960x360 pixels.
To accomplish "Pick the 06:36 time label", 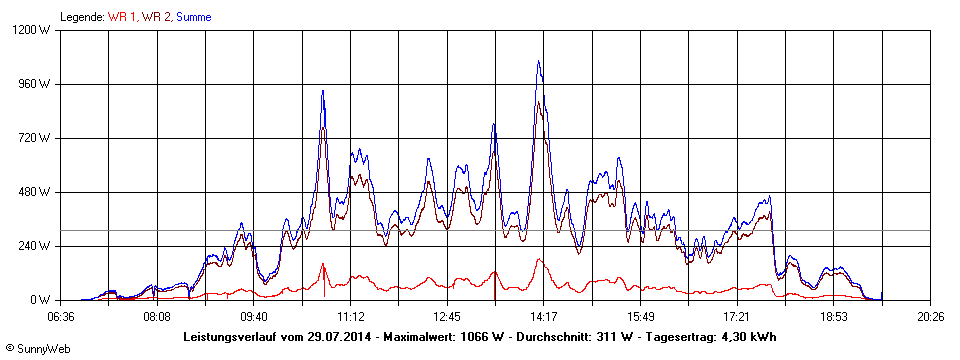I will tap(61, 315).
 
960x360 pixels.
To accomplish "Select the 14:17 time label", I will tap(543, 315).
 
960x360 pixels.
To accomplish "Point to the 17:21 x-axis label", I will tap(736, 315).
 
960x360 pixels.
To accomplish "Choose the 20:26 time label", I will tap(930, 315).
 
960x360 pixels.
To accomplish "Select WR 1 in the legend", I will tap(122, 17).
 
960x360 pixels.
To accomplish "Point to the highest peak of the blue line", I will tap(539, 61).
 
